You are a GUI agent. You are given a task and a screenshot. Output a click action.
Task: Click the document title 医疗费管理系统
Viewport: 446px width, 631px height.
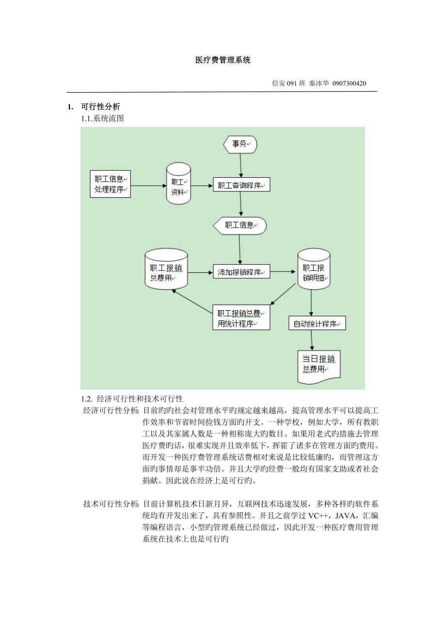(x=223, y=61)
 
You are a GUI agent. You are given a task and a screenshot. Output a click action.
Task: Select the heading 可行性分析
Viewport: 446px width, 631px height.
(x=100, y=107)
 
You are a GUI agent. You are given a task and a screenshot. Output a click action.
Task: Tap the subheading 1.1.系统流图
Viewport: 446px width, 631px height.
(x=102, y=118)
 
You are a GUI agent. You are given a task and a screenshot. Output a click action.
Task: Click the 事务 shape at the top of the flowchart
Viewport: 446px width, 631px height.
(x=240, y=144)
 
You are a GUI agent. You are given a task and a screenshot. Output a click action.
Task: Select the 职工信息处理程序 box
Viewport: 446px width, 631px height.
(x=111, y=184)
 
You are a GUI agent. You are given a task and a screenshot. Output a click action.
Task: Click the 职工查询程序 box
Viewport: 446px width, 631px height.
(x=241, y=185)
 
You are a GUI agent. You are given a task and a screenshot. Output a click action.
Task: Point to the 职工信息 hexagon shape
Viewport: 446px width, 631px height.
(x=240, y=225)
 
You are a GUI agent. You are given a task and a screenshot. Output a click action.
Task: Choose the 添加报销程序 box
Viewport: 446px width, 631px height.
(x=241, y=272)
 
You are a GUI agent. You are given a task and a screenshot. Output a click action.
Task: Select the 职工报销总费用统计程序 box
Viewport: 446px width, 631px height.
(x=241, y=318)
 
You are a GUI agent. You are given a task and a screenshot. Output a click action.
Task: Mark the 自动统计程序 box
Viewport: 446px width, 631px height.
(x=317, y=324)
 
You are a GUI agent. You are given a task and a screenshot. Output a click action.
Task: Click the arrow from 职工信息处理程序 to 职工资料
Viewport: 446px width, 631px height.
(x=148, y=185)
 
